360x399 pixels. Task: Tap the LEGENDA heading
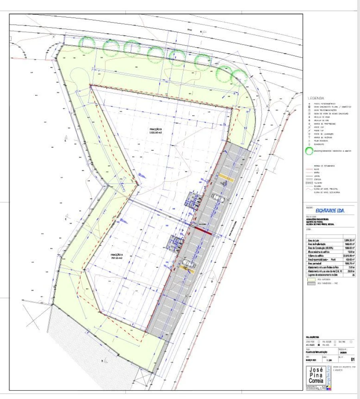[316, 98]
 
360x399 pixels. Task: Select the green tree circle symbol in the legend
[309, 151]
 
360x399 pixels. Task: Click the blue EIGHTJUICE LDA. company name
[330, 210]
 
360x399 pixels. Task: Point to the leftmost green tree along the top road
[87, 44]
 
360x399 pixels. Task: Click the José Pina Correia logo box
[318, 376]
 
